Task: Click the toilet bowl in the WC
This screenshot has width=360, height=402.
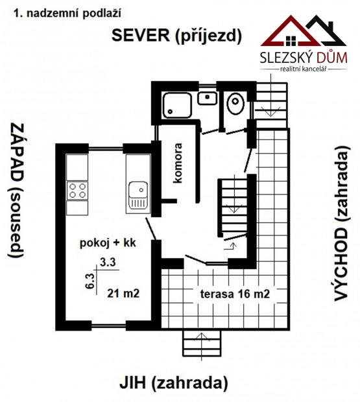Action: coord(235,104)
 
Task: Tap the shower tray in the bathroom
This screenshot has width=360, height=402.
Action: coord(178,105)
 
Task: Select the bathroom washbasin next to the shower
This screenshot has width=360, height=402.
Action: coord(207,98)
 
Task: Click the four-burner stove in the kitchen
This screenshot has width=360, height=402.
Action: coord(77,191)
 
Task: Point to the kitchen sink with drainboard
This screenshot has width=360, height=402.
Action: coord(138,195)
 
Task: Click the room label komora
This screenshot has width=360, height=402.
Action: coord(178,163)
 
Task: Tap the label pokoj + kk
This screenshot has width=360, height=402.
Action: coord(108,242)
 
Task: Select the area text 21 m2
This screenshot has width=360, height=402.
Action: coord(123,293)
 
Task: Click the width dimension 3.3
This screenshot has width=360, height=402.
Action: coord(108,263)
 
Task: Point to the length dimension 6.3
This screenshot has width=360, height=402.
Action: coord(91,281)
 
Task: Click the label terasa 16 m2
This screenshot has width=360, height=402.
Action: coord(235,294)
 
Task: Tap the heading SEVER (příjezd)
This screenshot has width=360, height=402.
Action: coord(176,36)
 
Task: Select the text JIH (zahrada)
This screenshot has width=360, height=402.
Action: coord(174,383)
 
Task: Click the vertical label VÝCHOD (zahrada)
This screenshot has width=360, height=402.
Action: coord(342,223)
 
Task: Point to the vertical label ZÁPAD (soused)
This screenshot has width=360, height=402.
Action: coord(17,190)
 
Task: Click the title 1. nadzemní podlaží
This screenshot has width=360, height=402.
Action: coord(67,14)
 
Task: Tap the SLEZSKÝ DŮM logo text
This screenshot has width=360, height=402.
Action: coord(304,58)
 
